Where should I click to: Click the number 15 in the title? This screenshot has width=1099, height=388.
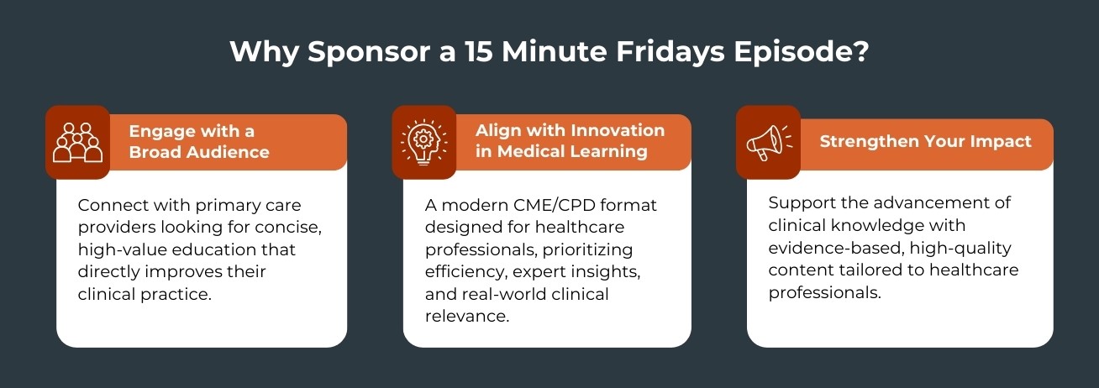479,51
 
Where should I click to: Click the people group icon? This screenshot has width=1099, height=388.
77,142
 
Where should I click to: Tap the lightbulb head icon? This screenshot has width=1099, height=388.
424,142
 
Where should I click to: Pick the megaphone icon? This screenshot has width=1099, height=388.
769,142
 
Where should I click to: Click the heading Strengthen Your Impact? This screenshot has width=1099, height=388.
925,141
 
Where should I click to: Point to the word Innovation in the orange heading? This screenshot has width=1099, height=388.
618,130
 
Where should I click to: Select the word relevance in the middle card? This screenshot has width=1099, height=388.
467,317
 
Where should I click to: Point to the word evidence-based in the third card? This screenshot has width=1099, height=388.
836,248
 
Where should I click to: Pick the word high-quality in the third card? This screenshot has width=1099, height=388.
960,249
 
